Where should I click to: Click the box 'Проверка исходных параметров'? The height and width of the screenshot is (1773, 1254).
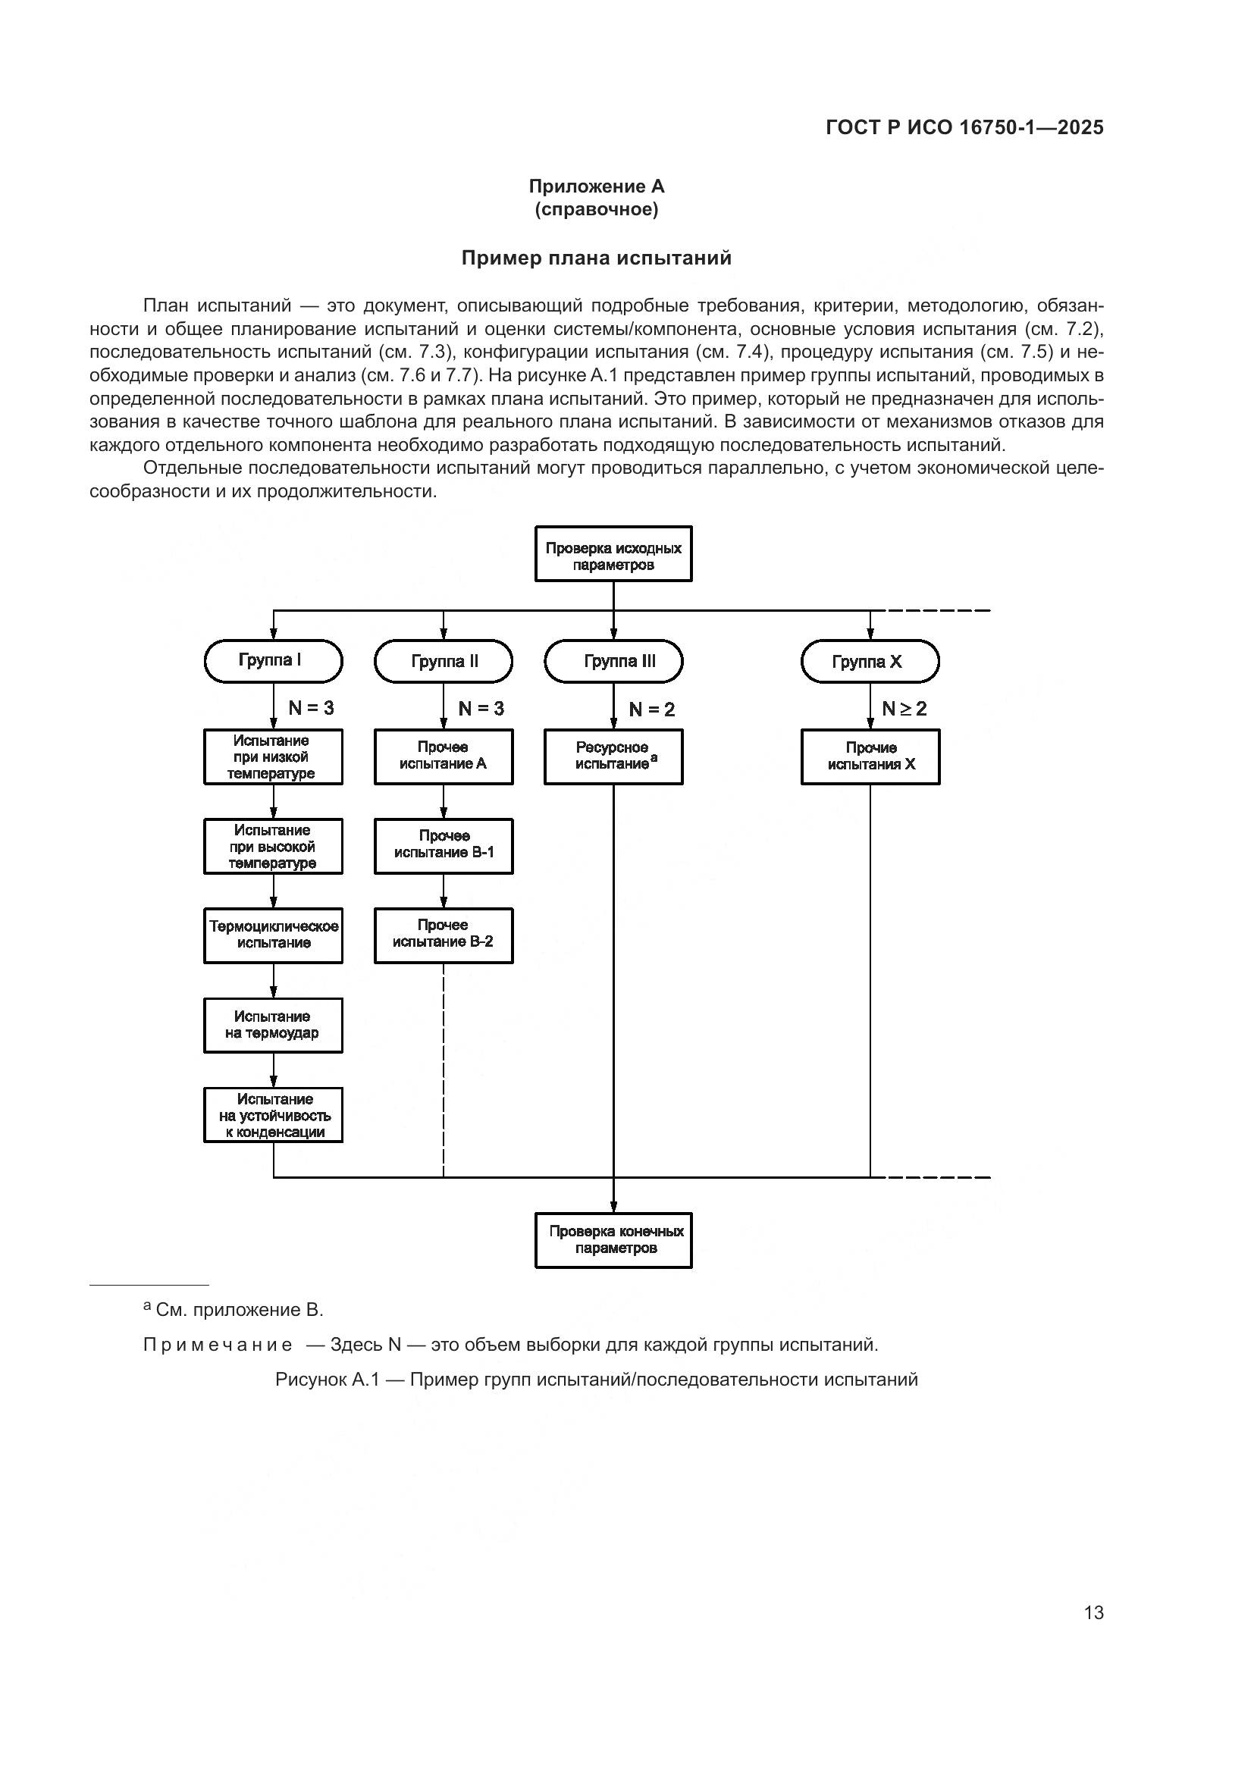pyautogui.click(x=613, y=553)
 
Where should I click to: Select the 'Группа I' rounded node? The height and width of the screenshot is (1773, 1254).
pyautogui.click(x=273, y=661)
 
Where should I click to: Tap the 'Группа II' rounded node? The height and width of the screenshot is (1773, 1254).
pyautogui.click(x=444, y=662)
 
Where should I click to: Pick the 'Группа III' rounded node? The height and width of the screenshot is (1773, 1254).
pyautogui.click(x=613, y=662)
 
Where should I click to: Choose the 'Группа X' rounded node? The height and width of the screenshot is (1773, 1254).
pyautogui.click(x=870, y=662)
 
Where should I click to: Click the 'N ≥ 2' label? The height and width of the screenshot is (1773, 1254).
pyautogui.click(x=904, y=708)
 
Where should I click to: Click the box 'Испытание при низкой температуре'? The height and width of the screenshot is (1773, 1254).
pyautogui.click(x=273, y=757)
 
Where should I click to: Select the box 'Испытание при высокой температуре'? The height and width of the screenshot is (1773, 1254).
pyautogui.click(x=273, y=847)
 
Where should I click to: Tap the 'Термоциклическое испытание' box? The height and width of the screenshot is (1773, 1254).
pyautogui.click(x=273, y=935)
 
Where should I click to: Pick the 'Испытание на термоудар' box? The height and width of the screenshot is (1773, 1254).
pyautogui.click(x=273, y=1025)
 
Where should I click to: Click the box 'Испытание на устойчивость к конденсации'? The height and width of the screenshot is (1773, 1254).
pyautogui.click(x=273, y=1114)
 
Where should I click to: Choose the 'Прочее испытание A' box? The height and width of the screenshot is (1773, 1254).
pyautogui.click(x=444, y=757)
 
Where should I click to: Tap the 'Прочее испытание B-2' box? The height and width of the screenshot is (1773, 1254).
pyautogui.click(x=444, y=935)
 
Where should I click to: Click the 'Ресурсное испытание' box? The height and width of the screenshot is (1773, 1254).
pyautogui.click(x=613, y=757)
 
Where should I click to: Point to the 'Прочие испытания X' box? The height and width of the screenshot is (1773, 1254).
pyautogui.click(x=870, y=757)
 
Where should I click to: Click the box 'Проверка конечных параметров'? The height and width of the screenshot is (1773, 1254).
pyautogui.click(x=613, y=1240)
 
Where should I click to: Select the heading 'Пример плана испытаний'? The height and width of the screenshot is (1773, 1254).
pyautogui.click(x=596, y=258)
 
